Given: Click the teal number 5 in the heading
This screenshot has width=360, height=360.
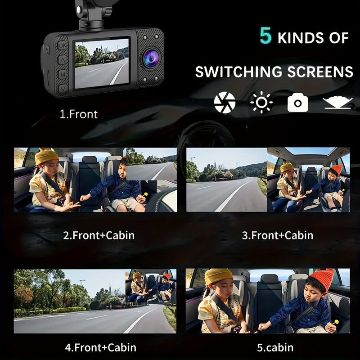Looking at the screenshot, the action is tap(265, 36).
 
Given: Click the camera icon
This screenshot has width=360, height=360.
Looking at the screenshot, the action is tap(297, 103).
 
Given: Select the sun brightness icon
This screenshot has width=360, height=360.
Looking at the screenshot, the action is tap(261, 102).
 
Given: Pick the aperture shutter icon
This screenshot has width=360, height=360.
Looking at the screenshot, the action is tap(225, 103).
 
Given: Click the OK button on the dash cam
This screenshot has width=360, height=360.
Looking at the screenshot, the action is tap(62, 45).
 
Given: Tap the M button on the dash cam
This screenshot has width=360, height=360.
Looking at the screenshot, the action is tap(63, 74).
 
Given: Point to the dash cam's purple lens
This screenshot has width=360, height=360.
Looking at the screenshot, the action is tap(151, 58).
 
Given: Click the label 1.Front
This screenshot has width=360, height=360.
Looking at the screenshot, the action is tap(78, 114).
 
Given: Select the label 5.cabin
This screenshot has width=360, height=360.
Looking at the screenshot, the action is tap(275, 347).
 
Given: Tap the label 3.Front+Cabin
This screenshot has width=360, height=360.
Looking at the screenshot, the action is tap(278, 235).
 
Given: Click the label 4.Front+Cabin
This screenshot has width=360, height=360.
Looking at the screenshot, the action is tap(100, 347).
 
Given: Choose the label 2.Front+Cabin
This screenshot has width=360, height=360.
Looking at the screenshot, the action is tap(99, 235).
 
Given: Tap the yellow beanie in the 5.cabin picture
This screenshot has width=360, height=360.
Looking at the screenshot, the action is tap(218, 276).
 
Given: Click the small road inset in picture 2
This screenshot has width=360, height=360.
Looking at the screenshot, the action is tap(152, 164).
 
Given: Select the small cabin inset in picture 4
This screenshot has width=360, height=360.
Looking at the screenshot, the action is tap(151, 286).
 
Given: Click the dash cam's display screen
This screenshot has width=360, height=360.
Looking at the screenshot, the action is tap(102, 63).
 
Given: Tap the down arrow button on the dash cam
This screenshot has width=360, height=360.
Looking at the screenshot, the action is tap(63, 89).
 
